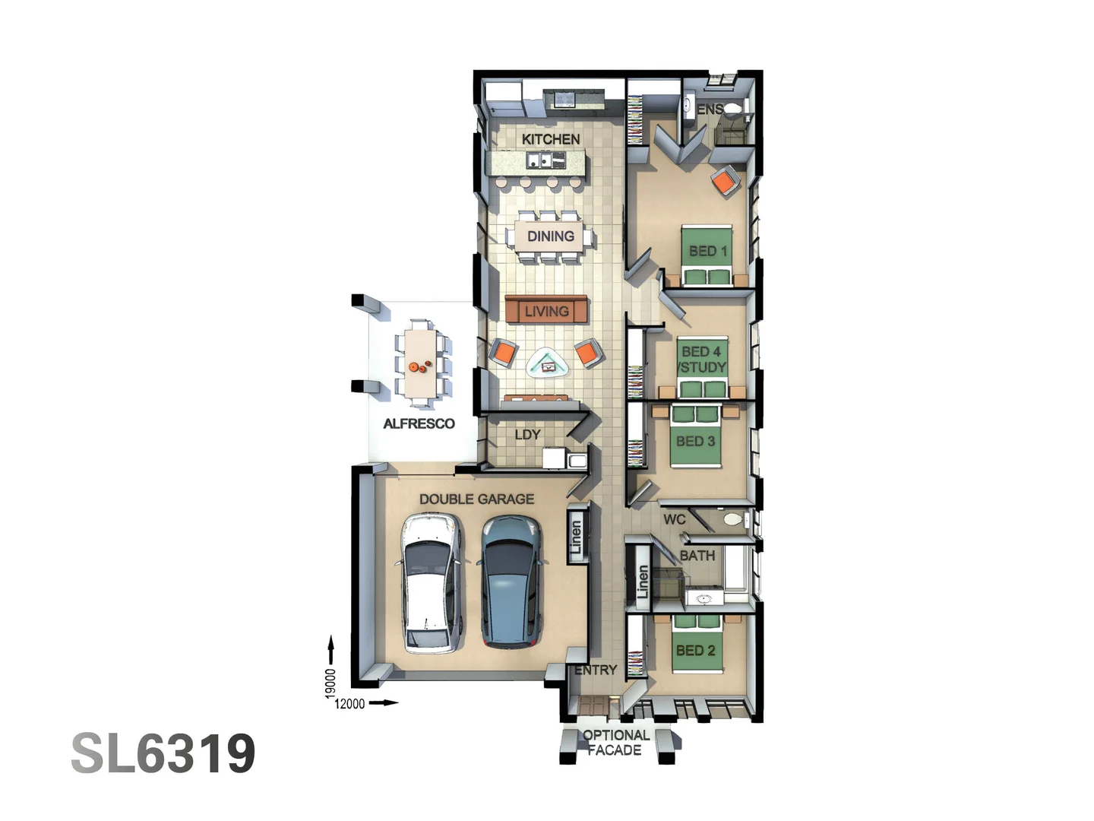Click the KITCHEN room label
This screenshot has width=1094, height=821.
click(551, 139)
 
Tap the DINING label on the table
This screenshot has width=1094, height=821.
click(551, 236)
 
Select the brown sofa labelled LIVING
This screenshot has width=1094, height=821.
click(546, 310)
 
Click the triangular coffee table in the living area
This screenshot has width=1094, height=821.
click(548, 364)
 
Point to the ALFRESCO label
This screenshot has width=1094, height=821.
click(419, 424)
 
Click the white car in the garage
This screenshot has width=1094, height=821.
click(431, 582)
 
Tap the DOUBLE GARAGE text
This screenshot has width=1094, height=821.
click(476, 499)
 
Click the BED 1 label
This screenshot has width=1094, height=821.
click(707, 251)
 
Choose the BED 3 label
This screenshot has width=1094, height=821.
click(695, 441)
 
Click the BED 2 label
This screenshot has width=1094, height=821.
click(695, 651)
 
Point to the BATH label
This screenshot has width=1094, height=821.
click(697, 556)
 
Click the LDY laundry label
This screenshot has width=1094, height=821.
click(527, 435)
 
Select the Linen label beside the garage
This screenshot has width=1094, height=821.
click(577, 537)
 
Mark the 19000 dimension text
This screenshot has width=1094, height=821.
click(330, 683)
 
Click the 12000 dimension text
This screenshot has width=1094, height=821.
click(349, 704)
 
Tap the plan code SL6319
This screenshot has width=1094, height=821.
click(163, 753)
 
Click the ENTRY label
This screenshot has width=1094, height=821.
click(596, 670)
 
